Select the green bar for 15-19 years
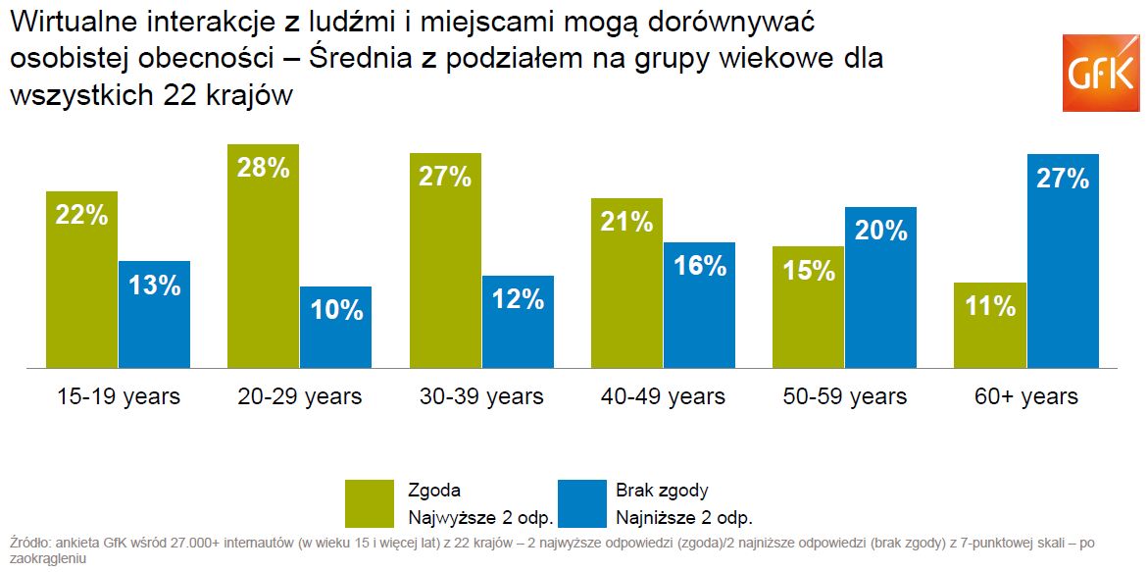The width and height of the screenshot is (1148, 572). (x=82, y=280)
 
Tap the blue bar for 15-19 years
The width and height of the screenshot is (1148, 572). (x=155, y=314)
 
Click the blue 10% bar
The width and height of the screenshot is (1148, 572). (x=336, y=327)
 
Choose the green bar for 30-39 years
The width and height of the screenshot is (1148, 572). (x=445, y=261)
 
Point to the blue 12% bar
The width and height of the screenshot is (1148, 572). (x=518, y=322)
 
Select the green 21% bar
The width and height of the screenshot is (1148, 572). (x=626, y=284)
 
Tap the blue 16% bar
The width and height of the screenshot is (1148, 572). (x=699, y=305)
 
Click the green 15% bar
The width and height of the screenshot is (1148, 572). (x=808, y=307)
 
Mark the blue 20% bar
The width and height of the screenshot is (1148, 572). (x=880, y=287)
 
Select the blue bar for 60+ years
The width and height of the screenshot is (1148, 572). (x=1063, y=261)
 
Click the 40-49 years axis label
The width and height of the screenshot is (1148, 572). (x=663, y=396)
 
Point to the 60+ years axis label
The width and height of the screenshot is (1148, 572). (x=1026, y=396)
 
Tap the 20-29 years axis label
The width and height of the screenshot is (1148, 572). (x=300, y=396)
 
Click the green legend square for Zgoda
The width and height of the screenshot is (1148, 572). (x=370, y=503)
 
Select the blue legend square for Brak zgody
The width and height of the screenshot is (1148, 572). (x=580, y=503)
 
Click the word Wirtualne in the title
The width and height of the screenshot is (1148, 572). (x=68, y=21)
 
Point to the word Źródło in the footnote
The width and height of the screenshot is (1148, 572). (x=29, y=543)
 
